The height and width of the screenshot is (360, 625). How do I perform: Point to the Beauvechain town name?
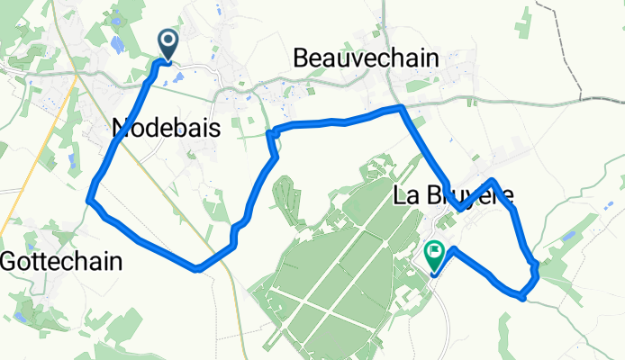pos(367,58)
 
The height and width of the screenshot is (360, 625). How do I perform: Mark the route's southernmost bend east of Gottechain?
pos(197,268)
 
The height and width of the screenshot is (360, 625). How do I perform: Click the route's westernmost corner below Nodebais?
pos(89,200)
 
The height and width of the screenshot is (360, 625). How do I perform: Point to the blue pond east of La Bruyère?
pos(567,236)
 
